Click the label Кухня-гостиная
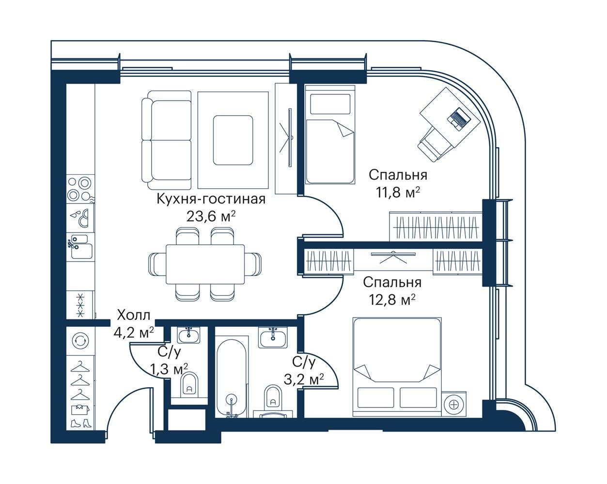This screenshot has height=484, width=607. point(211,199)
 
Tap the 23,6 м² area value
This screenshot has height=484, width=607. point(211,216)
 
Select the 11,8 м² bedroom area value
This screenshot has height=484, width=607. point(398,193)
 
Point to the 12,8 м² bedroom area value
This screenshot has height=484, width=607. point(392,301)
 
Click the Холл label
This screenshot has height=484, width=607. point(134,315)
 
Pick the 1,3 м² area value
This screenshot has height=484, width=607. point(169,369)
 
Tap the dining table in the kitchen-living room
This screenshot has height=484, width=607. point(205,264)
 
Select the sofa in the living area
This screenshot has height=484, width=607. point(167,140)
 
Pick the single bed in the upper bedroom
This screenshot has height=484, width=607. point(330,135)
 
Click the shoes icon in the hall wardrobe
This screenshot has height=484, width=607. point(80,423)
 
